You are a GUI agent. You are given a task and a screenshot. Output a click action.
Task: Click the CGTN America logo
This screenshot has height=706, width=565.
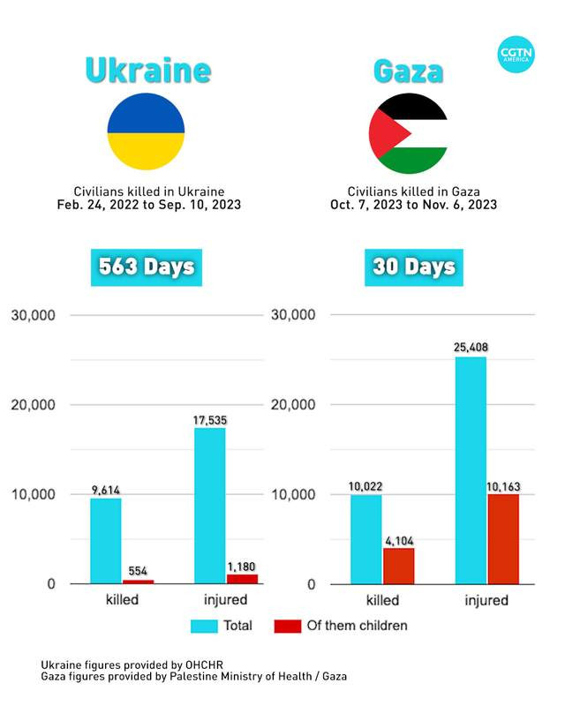point(516,54)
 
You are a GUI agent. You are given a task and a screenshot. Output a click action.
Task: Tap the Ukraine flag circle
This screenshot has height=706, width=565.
point(146,131)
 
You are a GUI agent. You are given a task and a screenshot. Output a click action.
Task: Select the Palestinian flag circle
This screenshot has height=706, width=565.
point(408,133)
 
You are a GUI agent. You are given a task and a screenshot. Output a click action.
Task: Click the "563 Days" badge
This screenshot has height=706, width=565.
point(147,267)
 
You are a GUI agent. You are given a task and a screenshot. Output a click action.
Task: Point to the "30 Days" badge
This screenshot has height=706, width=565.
point(414,267)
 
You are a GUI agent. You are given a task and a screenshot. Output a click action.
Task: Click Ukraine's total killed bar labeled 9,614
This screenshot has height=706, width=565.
point(106,541)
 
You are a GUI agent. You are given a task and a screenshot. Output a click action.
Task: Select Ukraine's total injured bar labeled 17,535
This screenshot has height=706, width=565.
point(210,506)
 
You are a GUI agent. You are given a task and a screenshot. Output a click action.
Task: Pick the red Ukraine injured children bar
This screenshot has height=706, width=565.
point(243,579)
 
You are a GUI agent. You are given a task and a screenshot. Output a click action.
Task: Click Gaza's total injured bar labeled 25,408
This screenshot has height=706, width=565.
point(471,470)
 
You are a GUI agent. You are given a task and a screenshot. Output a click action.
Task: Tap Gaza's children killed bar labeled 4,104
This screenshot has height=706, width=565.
point(399,566)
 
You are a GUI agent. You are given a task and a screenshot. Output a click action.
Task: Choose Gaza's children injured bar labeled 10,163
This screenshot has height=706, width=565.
point(503,539)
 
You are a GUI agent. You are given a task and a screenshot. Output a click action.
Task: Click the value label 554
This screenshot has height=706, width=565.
point(138,571)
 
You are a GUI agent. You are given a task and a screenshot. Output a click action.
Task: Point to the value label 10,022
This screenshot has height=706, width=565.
point(365,486)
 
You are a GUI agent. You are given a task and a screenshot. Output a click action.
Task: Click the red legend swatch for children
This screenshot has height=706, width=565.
point(288,627)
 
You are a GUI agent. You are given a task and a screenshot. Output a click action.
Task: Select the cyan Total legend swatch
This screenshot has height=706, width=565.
point(204,627)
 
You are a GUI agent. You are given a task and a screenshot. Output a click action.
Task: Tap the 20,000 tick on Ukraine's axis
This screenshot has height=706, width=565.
point(33,405)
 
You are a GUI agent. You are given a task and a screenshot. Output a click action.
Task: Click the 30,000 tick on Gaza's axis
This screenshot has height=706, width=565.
point(293,315)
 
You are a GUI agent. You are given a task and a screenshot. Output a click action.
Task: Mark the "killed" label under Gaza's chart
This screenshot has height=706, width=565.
point(382,600)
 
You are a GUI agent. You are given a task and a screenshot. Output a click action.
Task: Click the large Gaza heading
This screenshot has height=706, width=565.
point(408,71)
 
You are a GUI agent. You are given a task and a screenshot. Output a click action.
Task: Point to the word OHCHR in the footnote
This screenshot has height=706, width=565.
point(204,665)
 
